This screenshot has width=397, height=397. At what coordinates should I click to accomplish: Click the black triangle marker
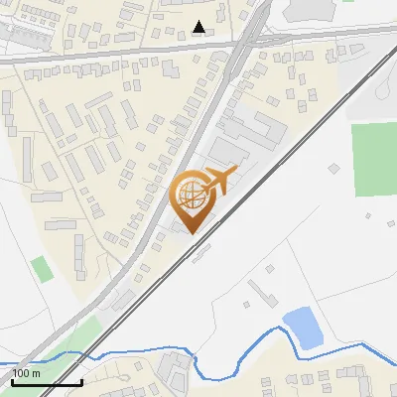coord(199,27)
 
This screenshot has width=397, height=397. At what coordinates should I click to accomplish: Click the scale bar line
coord(46,382)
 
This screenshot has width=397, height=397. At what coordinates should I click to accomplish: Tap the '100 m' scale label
coord(26,373)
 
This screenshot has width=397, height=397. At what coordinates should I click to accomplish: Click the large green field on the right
coord(373,159)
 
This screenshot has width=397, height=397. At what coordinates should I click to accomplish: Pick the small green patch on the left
coord(40,268)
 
